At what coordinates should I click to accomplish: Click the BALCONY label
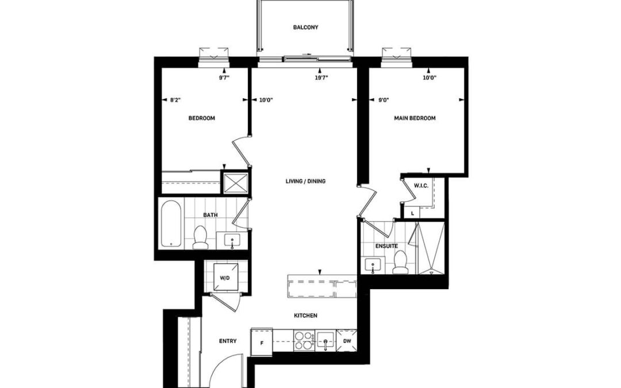pos(305,28)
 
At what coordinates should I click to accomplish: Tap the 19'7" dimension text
pos(321,78)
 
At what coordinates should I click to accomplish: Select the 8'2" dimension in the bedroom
pos(175,100)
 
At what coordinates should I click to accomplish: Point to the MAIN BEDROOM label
pos(415,118)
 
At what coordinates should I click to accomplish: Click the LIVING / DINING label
pos(305,181)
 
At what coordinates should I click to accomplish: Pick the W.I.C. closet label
pos(421,186)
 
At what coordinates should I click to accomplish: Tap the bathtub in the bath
pos(171,224)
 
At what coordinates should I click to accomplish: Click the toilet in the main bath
pos(201,237)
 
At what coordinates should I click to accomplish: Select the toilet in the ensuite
pos(400,263)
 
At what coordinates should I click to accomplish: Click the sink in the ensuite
pos(373,265)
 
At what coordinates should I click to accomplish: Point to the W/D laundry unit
pos(225,278)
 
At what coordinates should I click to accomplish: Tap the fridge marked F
pos(262,341)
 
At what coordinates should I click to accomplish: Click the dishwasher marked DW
pos(347,341)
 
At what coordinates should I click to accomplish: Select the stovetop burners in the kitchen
pos(304,341)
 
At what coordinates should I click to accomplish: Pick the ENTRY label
pos(228,341)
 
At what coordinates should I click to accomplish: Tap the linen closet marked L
pos(413,213)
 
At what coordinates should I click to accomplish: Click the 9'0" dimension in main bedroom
pos(383,100)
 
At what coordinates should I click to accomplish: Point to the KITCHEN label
pos(305,316)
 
